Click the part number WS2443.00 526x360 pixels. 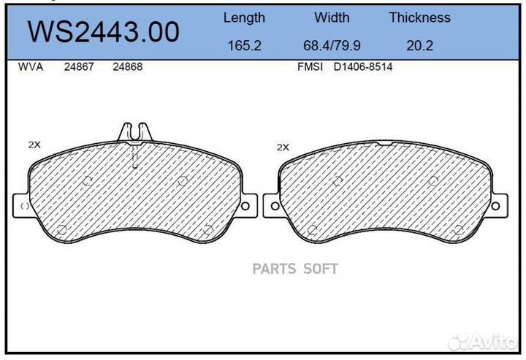(103, 32)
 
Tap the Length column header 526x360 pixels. (244, 18)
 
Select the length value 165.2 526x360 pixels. (244, 45)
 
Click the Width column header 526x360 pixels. (332, 18)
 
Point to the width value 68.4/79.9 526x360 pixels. (332, 45)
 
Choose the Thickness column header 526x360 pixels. (419, 18)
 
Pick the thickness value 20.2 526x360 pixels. (419, 45)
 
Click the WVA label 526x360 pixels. (31, 66)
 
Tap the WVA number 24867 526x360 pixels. (79, 66)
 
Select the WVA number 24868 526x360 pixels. (127, 66)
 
